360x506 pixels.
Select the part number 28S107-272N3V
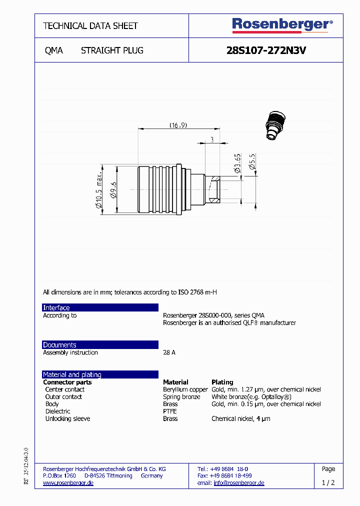point(266,50)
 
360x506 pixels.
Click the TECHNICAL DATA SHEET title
point(90,25)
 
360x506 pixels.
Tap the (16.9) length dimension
point(178,125)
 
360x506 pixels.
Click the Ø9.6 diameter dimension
point(113,190)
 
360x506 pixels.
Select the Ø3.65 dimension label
point(238,163)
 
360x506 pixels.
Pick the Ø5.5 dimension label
point(252,162)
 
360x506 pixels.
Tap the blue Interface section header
point(100,307)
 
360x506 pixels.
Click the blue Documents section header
point(100,345)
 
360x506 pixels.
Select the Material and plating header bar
point(100,374)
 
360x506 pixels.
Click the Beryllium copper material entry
point(185,389)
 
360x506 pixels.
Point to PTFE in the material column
point(169,411)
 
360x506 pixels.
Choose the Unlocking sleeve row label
point(67,418)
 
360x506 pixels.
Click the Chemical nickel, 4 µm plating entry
point(240,418)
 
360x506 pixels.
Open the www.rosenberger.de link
point(68,483)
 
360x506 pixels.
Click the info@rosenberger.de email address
point(238,483)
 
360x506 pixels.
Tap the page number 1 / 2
point(328,483)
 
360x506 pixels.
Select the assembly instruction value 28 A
point(169,352)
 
